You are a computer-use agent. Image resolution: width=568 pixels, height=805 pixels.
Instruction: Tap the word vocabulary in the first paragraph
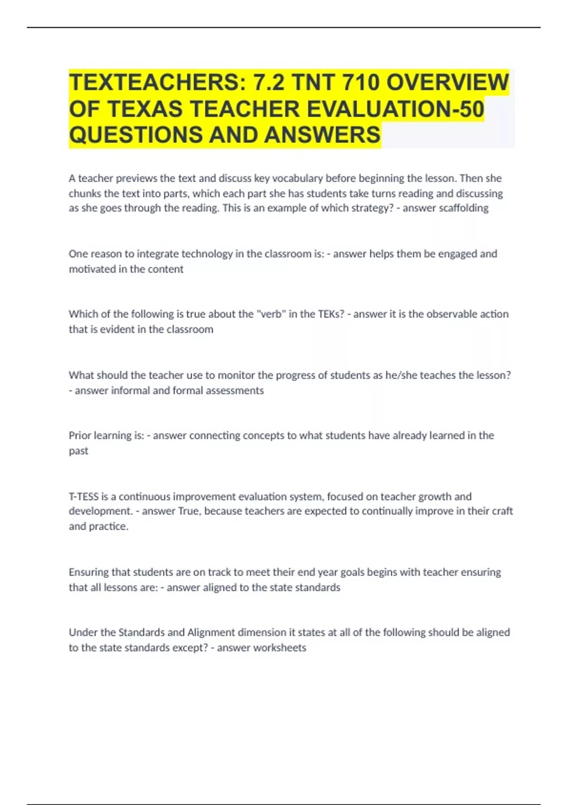tap(297, 178)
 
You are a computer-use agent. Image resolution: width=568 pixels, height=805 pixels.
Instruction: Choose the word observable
tap(437, 314)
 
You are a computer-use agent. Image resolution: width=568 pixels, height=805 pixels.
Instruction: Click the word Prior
tap(80, 435)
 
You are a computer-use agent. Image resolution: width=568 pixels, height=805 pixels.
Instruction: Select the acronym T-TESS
tap(84, 496)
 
